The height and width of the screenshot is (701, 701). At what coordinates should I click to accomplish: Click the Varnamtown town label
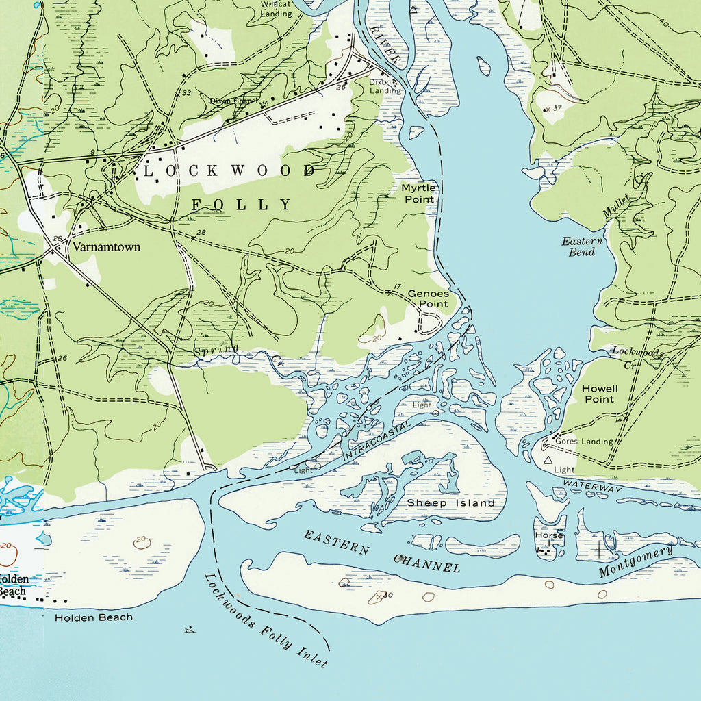pyautogui.click(x=106, y=246)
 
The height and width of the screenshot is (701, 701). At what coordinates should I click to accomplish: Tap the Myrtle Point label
pyautogui.click(x=418, y=193)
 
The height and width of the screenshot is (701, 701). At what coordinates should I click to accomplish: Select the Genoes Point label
pyautogui.click(x=428, y=298)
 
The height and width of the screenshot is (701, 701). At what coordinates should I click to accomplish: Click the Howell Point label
pyautogui.click(x=599, y=394)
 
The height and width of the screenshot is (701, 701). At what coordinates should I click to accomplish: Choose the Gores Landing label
pyautogui.click(x=584, y=442)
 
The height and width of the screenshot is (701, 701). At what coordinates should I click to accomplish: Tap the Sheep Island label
pyautogui.click(x=450, y=503)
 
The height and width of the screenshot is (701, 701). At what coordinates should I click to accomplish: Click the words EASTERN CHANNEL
pyautogui.click(x=381, y=551)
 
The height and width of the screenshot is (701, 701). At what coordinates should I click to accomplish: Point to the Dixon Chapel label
pyautogui.click(x=233, y=101)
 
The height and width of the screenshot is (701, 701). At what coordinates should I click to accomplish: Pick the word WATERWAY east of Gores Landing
pyautogui.click(x=592, y=487)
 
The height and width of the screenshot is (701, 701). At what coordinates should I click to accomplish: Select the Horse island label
pyautogui.click(x=548, y=535)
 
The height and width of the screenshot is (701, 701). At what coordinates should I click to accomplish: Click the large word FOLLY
pyautogui.click(x=241, y=205)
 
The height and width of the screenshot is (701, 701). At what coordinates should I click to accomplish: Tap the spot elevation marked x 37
pyautogui.click(x=552, y=108)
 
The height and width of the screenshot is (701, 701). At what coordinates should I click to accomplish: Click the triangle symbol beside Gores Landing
pyautogui.click(x=547, y=461)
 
